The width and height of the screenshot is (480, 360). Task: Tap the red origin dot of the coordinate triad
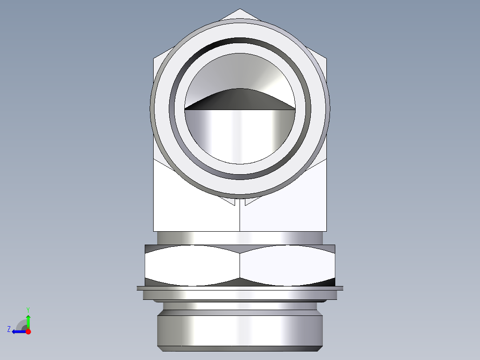[28, 331]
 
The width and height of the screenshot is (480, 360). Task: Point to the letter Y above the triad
[28, 309]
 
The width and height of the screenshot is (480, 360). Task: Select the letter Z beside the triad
[9, 329]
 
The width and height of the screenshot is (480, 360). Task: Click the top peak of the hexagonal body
[240, 10]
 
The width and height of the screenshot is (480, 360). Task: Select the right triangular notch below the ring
[250, 201]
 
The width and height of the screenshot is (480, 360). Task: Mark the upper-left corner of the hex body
[154, 58]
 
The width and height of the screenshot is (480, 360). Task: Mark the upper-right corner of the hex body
[326, 58]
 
